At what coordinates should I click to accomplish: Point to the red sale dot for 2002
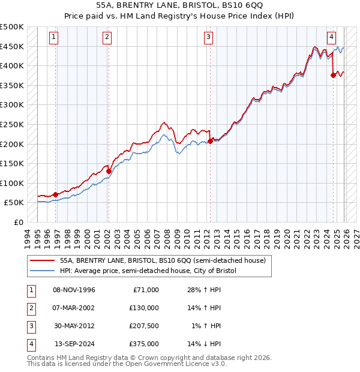pos(109,171)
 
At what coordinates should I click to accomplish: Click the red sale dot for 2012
pos(210,141)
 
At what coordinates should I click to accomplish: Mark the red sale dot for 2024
pos(334,75)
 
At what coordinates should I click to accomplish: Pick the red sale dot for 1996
pos(56,194)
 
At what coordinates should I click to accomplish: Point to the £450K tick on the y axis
pos(12,46)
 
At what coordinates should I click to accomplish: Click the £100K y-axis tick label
pos(12,183)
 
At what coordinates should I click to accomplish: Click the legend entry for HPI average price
pos(148,271)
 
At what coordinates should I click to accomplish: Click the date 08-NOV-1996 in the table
pos(74,290)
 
